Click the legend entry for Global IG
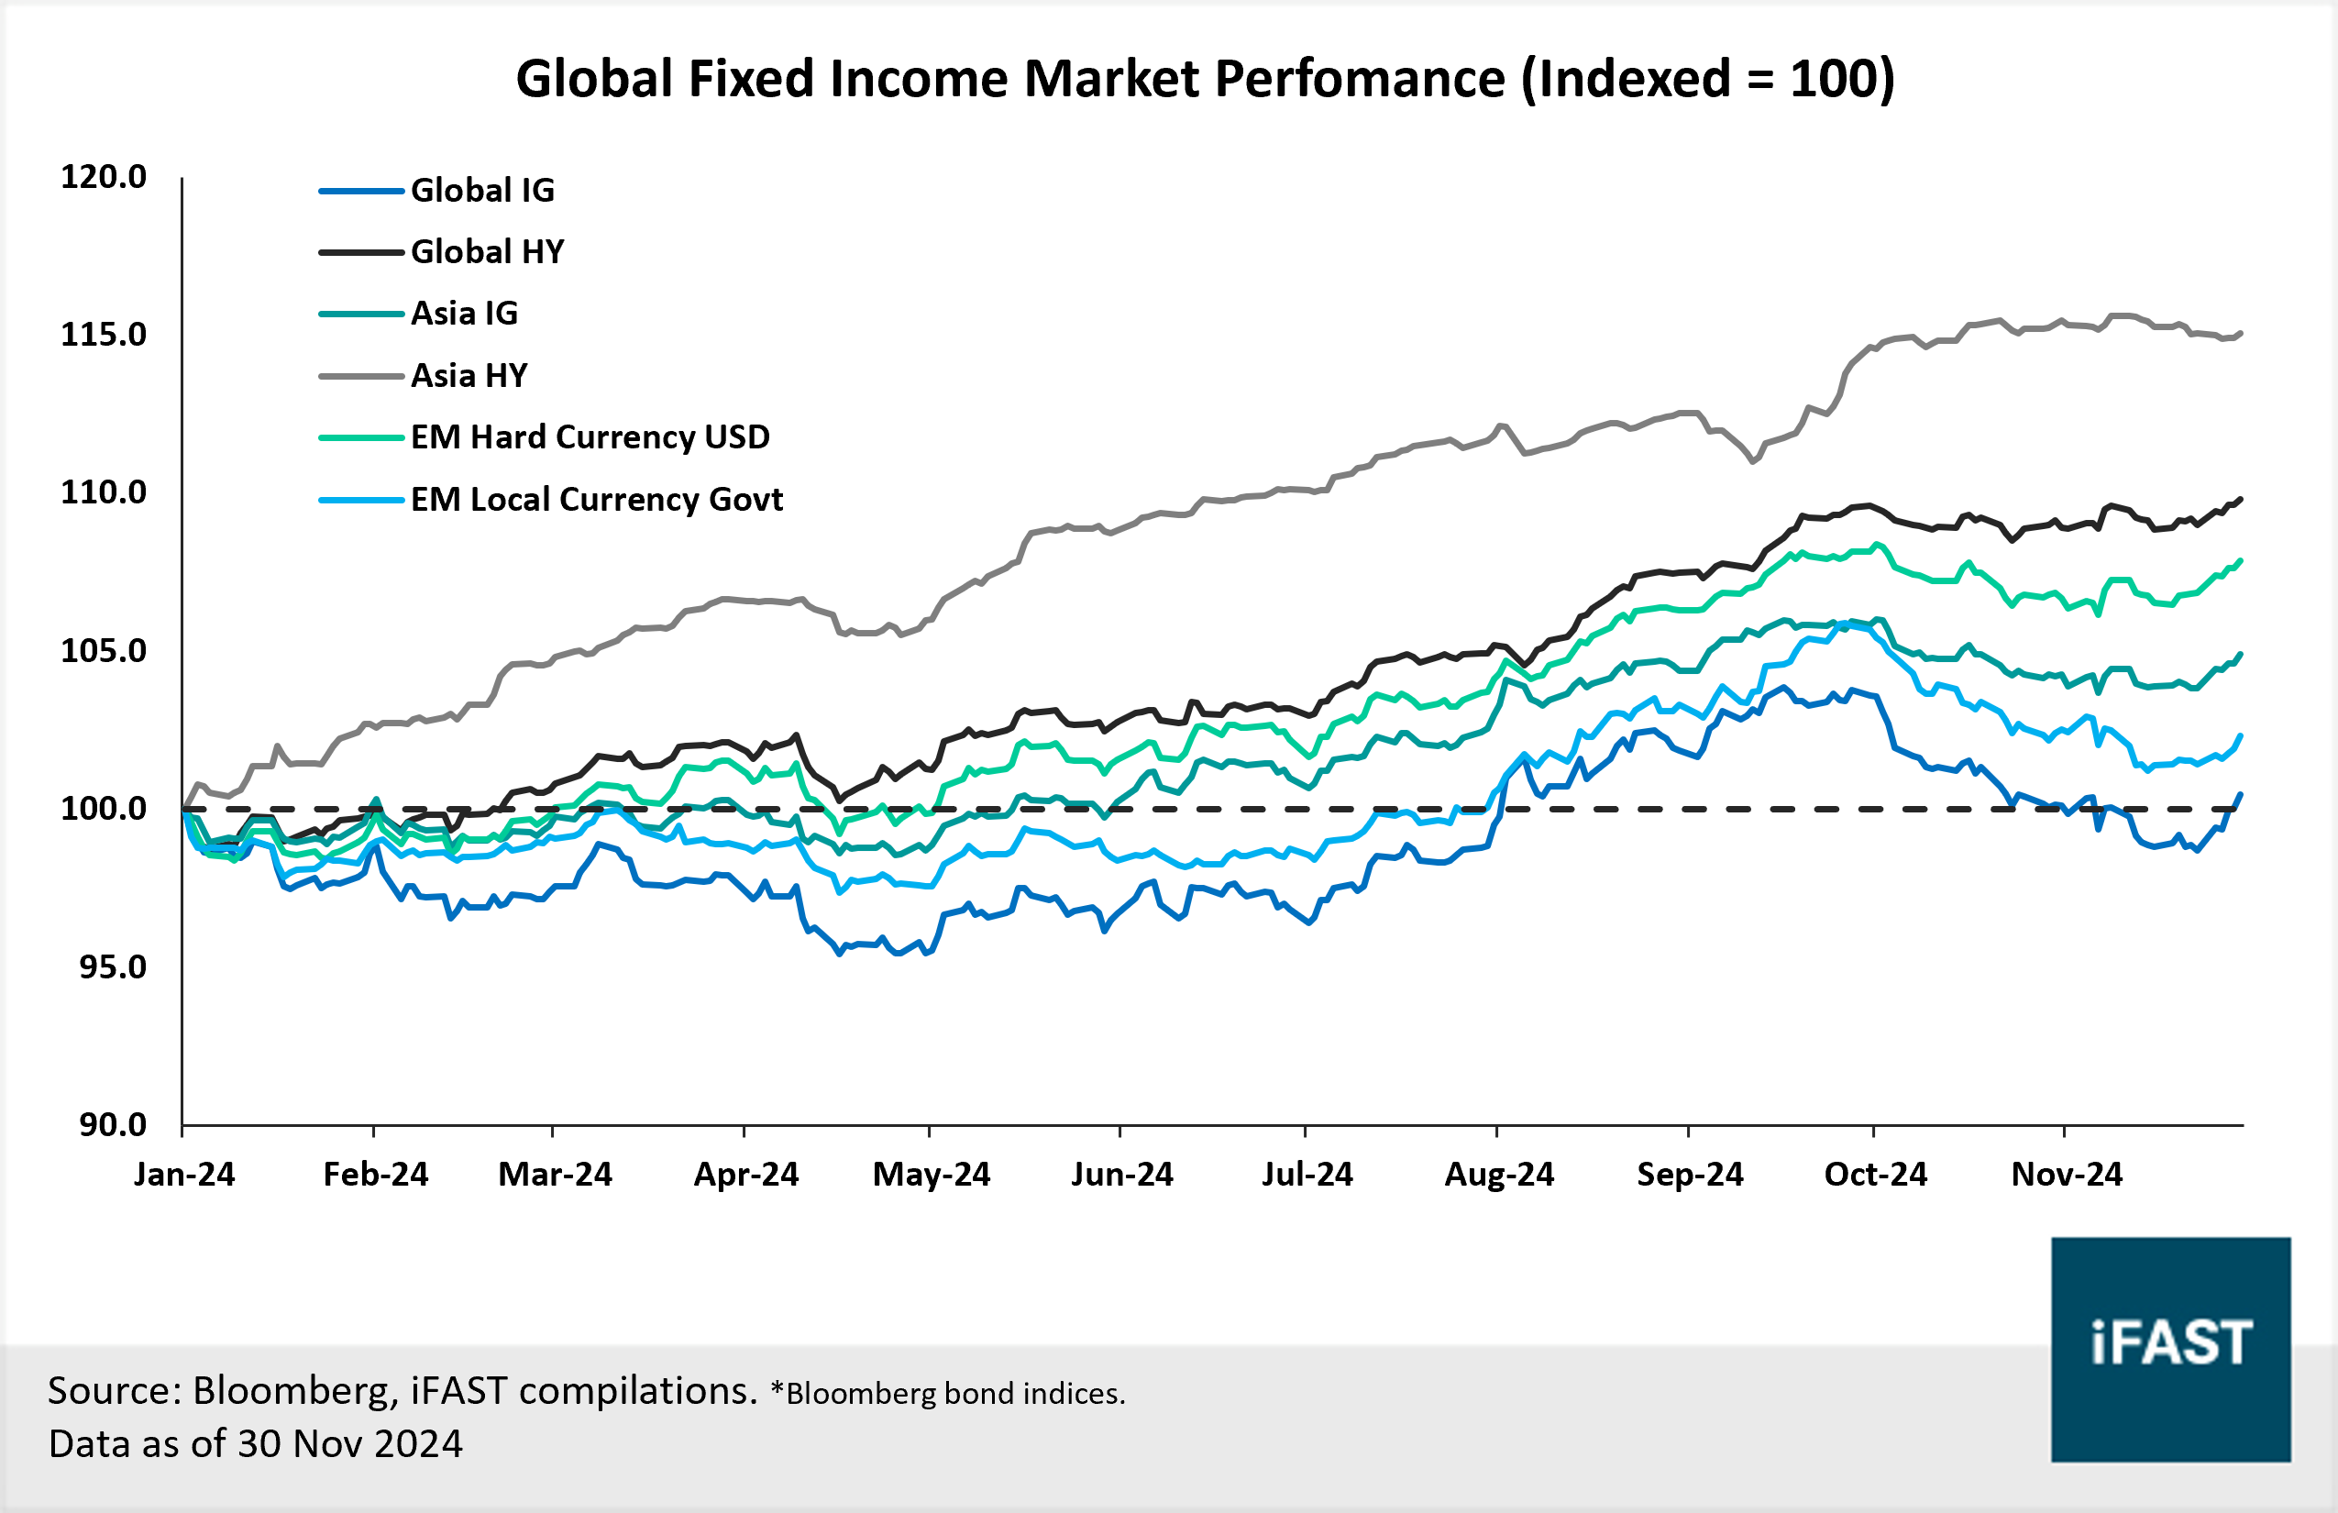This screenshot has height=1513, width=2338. tap(481, 190)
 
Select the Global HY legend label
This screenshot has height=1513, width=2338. tap(486, 251)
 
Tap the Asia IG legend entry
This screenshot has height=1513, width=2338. tap(464, 314)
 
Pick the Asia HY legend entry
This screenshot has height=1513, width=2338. tap(469, 375)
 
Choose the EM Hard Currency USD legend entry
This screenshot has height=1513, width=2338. tap(590, 437)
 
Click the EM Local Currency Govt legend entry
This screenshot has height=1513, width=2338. tap(595, 499)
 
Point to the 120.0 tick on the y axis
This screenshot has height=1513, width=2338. tap(103, 177)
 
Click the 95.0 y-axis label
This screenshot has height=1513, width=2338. tap(112, 966)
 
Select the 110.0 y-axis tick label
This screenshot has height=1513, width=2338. tap(103, 492)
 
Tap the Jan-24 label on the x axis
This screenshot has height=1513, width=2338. tap(184, 1174)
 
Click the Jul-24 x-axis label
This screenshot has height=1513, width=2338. tap(1307, 1174)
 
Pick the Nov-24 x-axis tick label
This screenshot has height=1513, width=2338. tap(2066, 1174)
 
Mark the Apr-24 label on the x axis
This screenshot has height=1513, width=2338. tap(745, 1174)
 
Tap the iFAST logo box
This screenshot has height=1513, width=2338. tap(2170, 1349)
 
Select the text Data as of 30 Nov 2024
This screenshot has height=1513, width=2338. tap(256, 1443)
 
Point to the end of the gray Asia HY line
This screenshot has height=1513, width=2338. tap(2240, 334)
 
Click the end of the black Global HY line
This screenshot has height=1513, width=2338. tap(2240, 500)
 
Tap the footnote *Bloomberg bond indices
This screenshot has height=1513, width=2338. tap(947, 1393)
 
